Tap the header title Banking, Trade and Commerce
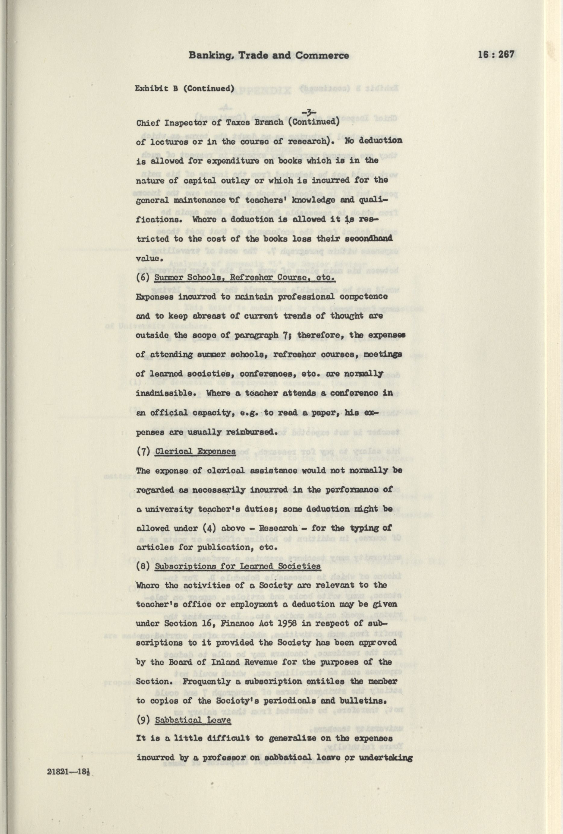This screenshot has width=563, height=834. click(x=269, y=55)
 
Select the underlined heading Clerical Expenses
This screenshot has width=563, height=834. click(x=195, y=451)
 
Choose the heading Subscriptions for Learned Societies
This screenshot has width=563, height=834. click(x=238, y=566)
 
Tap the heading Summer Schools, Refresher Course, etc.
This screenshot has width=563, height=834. click(x=244, y=278)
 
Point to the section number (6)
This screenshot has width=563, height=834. click(x=144, y=278)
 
